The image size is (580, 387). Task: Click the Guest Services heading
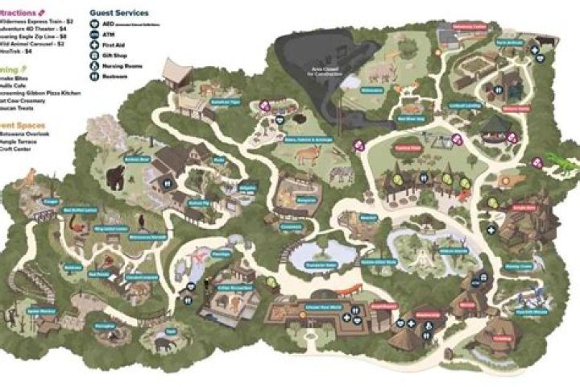(x=119, y=13)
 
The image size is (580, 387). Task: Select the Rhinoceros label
(x=371, y=90)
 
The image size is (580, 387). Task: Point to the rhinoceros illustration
(x=379, y=75)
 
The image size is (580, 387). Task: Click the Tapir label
(x=171, y=331)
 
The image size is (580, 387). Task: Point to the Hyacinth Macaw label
(x=524, y=310)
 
